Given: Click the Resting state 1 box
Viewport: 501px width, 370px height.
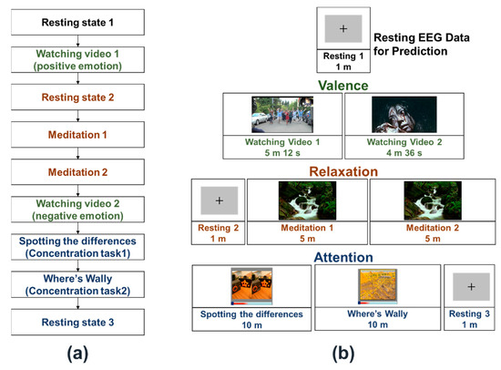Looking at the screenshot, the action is point(77,22).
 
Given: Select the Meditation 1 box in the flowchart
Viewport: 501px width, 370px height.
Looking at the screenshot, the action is point(77,135).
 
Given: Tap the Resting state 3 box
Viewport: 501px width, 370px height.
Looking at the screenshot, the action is point(77,322).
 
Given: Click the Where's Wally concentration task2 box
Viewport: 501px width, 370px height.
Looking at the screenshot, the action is point(77,284).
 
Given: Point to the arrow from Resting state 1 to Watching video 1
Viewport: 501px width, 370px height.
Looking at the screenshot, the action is point(77,41).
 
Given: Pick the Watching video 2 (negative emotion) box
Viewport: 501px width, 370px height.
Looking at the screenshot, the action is point(77,210).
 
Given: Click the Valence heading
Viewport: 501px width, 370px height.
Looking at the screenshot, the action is point(343,86).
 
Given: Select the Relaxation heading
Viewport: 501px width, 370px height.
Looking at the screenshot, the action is point(343,171).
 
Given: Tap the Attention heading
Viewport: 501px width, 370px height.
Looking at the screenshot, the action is point(343,257).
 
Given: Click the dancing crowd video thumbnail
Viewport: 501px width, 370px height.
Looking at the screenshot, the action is point(282,115).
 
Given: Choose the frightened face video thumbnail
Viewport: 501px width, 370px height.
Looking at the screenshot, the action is point(404,115).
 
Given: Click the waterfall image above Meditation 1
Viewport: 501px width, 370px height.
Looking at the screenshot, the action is point(307,200).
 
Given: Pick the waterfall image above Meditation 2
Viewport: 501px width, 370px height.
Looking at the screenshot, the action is point(433,200).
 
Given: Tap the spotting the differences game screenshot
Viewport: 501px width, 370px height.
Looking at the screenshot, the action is point(251,286).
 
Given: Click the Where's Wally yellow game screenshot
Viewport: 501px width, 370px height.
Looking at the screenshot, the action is point(378,286).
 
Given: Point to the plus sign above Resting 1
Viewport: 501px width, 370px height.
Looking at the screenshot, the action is point(343,29).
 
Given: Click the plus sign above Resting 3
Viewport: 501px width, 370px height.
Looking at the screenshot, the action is point(471,286).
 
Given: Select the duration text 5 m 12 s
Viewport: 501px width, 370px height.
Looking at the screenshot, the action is point(282,153).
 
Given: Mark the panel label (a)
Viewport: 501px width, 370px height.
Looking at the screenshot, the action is point(77,354).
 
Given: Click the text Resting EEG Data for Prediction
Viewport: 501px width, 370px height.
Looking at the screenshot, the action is point(422,44).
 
